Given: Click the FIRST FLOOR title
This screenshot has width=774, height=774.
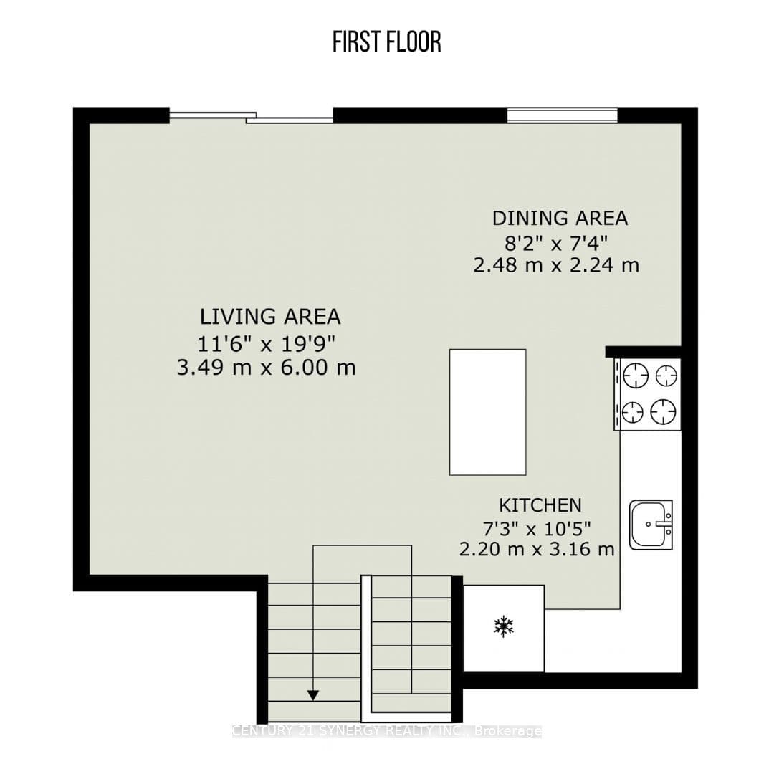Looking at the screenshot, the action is [x=386, y=42].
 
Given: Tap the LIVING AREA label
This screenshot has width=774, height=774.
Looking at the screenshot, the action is [x=270, y=317].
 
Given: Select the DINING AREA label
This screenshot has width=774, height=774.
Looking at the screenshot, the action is [x=560, y=218].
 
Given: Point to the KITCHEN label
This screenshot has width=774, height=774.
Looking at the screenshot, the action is [x=540, y=505].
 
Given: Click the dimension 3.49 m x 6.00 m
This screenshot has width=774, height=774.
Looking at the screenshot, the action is [x=266, y=368].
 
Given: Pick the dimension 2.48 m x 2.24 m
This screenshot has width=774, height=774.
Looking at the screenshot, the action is [x=556, y=266].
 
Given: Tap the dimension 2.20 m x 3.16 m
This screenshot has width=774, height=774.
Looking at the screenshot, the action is [x=537, y=549].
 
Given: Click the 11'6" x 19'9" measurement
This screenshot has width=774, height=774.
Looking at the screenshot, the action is [x=266, y=343].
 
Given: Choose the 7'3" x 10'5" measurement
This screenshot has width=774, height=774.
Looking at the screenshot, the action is [x=537, y=529].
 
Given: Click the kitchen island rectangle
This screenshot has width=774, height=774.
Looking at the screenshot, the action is [x=488, y=412].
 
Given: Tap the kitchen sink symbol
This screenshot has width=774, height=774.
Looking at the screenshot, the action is [x=651, y=524].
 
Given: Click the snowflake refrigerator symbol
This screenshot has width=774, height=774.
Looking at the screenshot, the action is [x=504, y=626].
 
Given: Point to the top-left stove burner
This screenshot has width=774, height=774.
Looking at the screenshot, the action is [x=635, y=376].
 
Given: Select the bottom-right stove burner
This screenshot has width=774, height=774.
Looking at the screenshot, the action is [x=662, y=411].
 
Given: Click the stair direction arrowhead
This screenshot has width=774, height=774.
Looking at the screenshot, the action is [x=313, y=695].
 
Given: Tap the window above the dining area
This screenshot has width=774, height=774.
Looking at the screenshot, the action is [x=563, y=115].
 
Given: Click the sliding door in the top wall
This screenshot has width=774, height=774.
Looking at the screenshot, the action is [x=252, y=117].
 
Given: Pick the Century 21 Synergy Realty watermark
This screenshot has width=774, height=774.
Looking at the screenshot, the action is [x=386, y=731].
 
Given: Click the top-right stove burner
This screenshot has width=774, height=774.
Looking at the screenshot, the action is [x=666, y=376].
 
